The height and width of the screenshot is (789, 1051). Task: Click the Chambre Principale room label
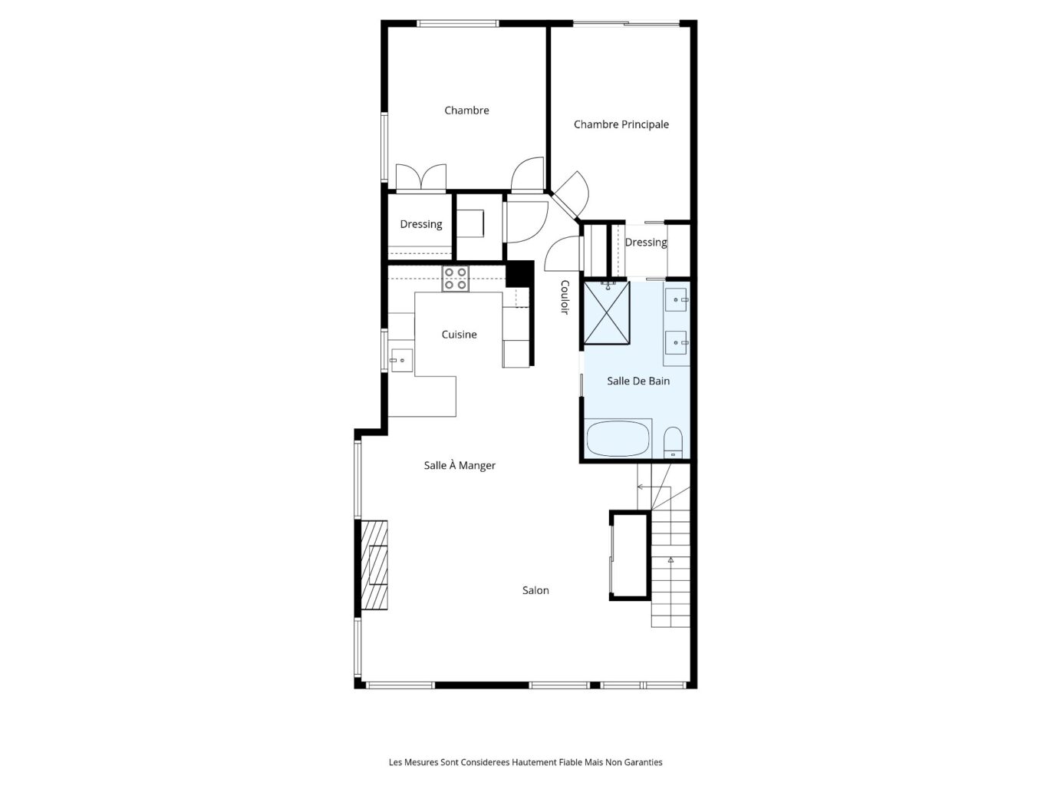[621, 124]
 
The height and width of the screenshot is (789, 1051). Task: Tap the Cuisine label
[459, 335]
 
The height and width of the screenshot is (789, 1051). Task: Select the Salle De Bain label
[638, 381]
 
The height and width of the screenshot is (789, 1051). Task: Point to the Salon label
[535, 590]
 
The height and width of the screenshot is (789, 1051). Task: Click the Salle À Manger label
[460, 465]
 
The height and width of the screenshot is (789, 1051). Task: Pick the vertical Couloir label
[565, 297]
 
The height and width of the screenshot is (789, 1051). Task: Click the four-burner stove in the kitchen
[456, 279]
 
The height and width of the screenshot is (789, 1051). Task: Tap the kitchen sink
[401, 360]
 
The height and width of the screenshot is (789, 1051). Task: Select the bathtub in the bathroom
[618, 438]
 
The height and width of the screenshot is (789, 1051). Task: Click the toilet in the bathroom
[674, 441]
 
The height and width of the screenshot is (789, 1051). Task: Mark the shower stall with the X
[607, 313]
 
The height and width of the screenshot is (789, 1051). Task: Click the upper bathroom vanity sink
[676, 300]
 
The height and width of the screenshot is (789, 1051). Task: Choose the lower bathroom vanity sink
[676, 342]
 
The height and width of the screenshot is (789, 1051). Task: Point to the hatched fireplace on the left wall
[374, 565]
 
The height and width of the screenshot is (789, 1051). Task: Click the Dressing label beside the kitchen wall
[421, 224]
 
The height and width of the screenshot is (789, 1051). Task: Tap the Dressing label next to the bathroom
[646, 243]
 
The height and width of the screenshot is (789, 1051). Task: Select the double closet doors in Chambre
[421, 178]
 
